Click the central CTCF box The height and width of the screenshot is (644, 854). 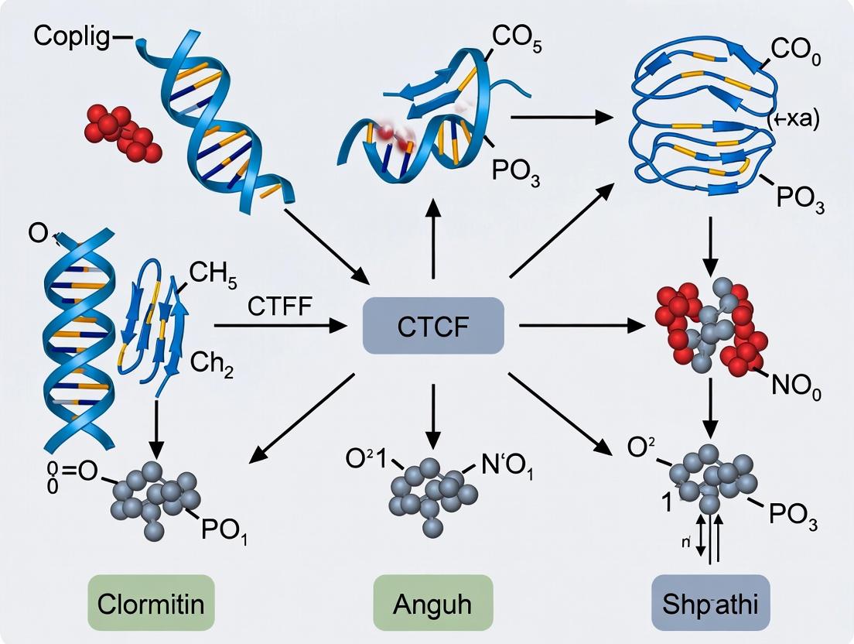click(433, 326)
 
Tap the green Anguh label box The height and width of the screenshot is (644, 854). click(432, 602)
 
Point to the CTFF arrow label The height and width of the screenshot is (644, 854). click(280, 307)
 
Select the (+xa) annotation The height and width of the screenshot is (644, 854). click(792, 120)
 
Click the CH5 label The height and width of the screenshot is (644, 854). click(213, 275)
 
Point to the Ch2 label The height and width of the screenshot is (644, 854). click(212, 362)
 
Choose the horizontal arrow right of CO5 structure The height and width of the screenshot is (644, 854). click(557, 118)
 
